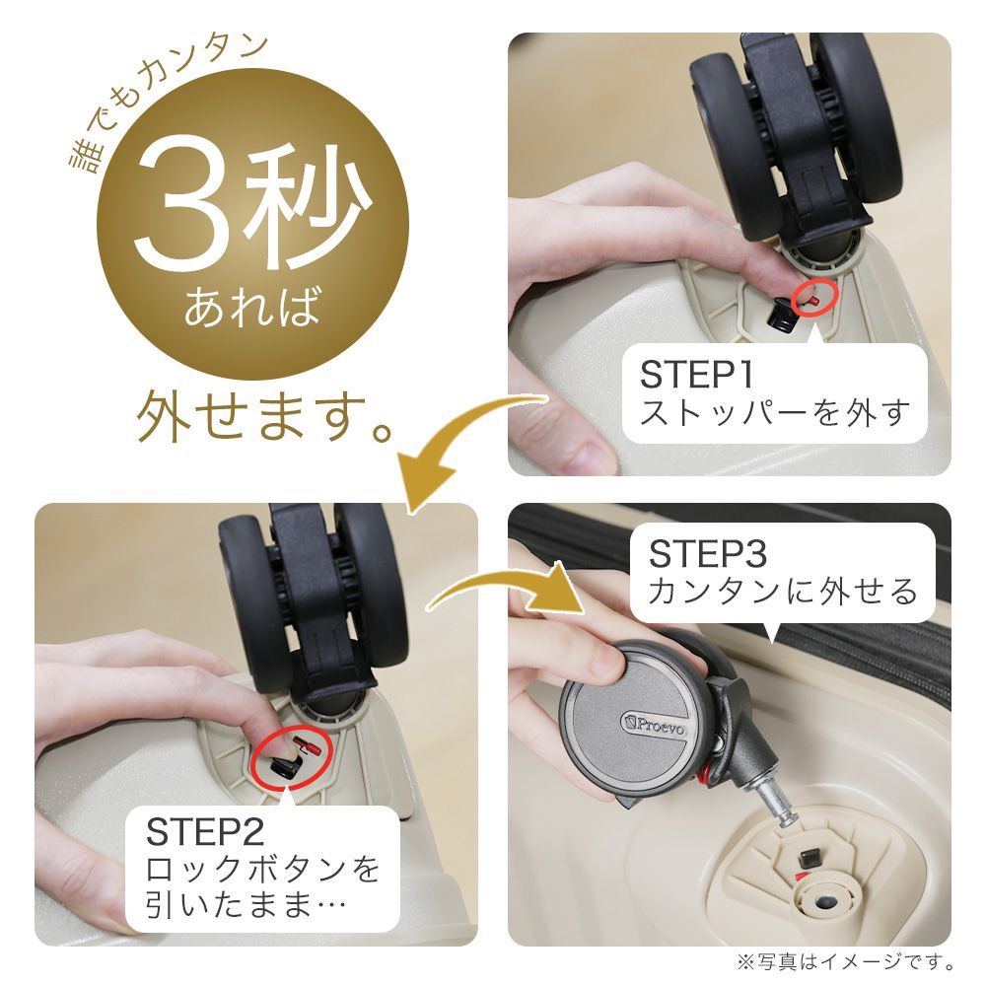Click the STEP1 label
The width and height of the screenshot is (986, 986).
697,375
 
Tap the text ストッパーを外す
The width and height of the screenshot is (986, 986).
774,412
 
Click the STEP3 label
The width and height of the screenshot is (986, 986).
707,554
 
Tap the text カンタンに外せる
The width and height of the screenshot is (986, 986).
783,592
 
